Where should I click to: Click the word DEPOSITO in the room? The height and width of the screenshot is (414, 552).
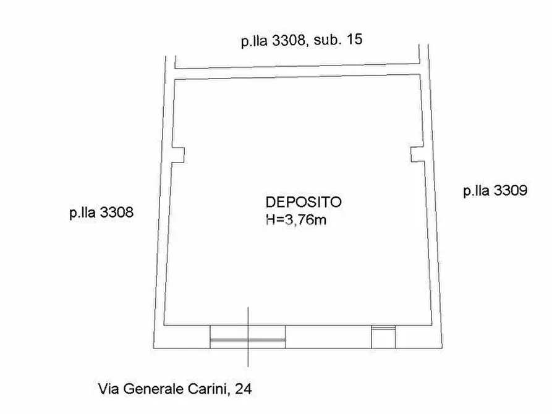click(x=304, y=201)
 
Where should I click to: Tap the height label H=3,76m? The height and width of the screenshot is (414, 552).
click(x=295, y=218)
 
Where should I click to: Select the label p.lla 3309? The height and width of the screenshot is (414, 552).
click(x=495, y=191)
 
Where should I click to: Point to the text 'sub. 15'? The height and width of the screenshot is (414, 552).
click(x=338, y=41)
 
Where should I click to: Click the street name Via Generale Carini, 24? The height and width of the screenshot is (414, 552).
click(x=175, y=389)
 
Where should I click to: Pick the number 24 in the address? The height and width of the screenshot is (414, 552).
click(x=244, y=389)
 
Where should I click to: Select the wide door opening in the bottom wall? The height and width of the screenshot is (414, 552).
click(x=248, y=337)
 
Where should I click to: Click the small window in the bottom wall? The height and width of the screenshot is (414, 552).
click(x=383, y=337)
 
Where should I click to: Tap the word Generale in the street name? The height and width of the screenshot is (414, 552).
click(x=155, y=389)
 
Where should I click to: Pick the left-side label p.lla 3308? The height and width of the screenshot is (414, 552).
click(x=101, y=213)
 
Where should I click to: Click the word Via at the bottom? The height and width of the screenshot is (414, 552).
click(x=109, y=389)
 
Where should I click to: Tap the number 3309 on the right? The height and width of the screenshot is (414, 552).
click(x=510, y=191)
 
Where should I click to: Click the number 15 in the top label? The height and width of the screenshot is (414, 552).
click(x=354, y=41)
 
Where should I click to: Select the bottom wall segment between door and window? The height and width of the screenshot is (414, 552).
click(x=328, y=337)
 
